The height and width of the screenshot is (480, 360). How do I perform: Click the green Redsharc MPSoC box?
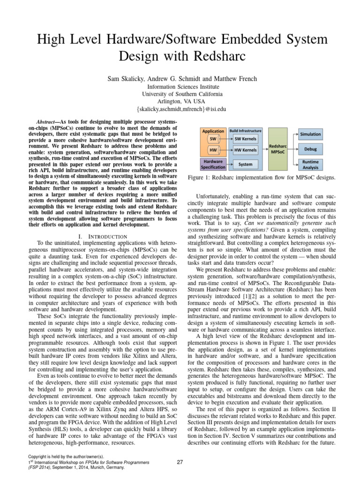(279, 149)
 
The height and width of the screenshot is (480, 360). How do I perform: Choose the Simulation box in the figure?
(310, 134)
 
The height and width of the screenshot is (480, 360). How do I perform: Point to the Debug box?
(310, 149)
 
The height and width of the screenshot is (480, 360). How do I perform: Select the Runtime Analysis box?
(310, 164)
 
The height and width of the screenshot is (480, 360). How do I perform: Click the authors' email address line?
(180, 109)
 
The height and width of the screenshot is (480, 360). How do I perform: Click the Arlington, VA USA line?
(180, 101)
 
